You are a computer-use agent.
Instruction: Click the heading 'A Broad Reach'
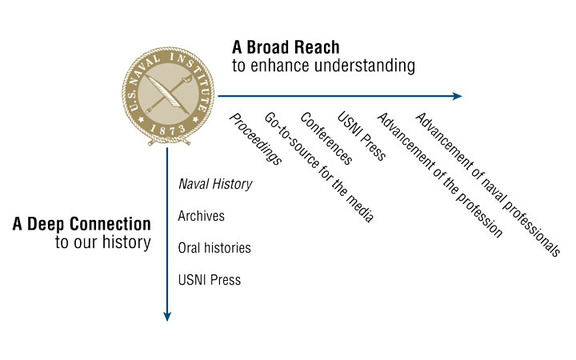pyautogui.click(x=286, y=47)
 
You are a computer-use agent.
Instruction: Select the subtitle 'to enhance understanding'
pyautogui.click(x=324, y=66)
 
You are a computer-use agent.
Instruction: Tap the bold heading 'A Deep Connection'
pyautogui.click(x=82, y=224)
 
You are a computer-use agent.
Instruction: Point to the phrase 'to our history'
pyautogui.click(x=103, y=242)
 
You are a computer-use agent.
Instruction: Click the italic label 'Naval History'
pyautogui.click(x=215, y=184)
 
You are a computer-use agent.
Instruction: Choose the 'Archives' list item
pyautogui.click(x=202, y=216)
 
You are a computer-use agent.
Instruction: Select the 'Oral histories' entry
pyautogui.click(x=214, y=248)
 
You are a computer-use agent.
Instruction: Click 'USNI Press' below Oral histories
pyautogui.click(x=210, y=280)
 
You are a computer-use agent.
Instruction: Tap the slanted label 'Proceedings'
pyautogui.click(x=256, y=139)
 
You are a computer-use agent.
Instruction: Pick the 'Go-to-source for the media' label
pyautogui.click(x=319, y=167)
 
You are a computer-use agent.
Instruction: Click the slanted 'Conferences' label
pyautogui.click(x=326, y=138)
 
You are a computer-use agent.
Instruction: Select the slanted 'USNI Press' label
pyautogui.click(x=362, y=136)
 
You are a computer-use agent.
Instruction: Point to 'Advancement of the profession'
pyautogui.click(x=440, y=175)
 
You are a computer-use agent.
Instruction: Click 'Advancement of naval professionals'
pyautogui.click(x=487, y=185)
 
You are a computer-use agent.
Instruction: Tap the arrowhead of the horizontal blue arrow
pyautogui.click(x=458, y=96)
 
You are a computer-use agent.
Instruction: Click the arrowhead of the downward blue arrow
pyautogui.click(x=167, y=317)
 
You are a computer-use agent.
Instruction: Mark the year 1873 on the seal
pyautogui.click(x=167, y=130)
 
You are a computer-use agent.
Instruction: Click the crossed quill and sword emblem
pyautogui.click(x=168, y=94)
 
